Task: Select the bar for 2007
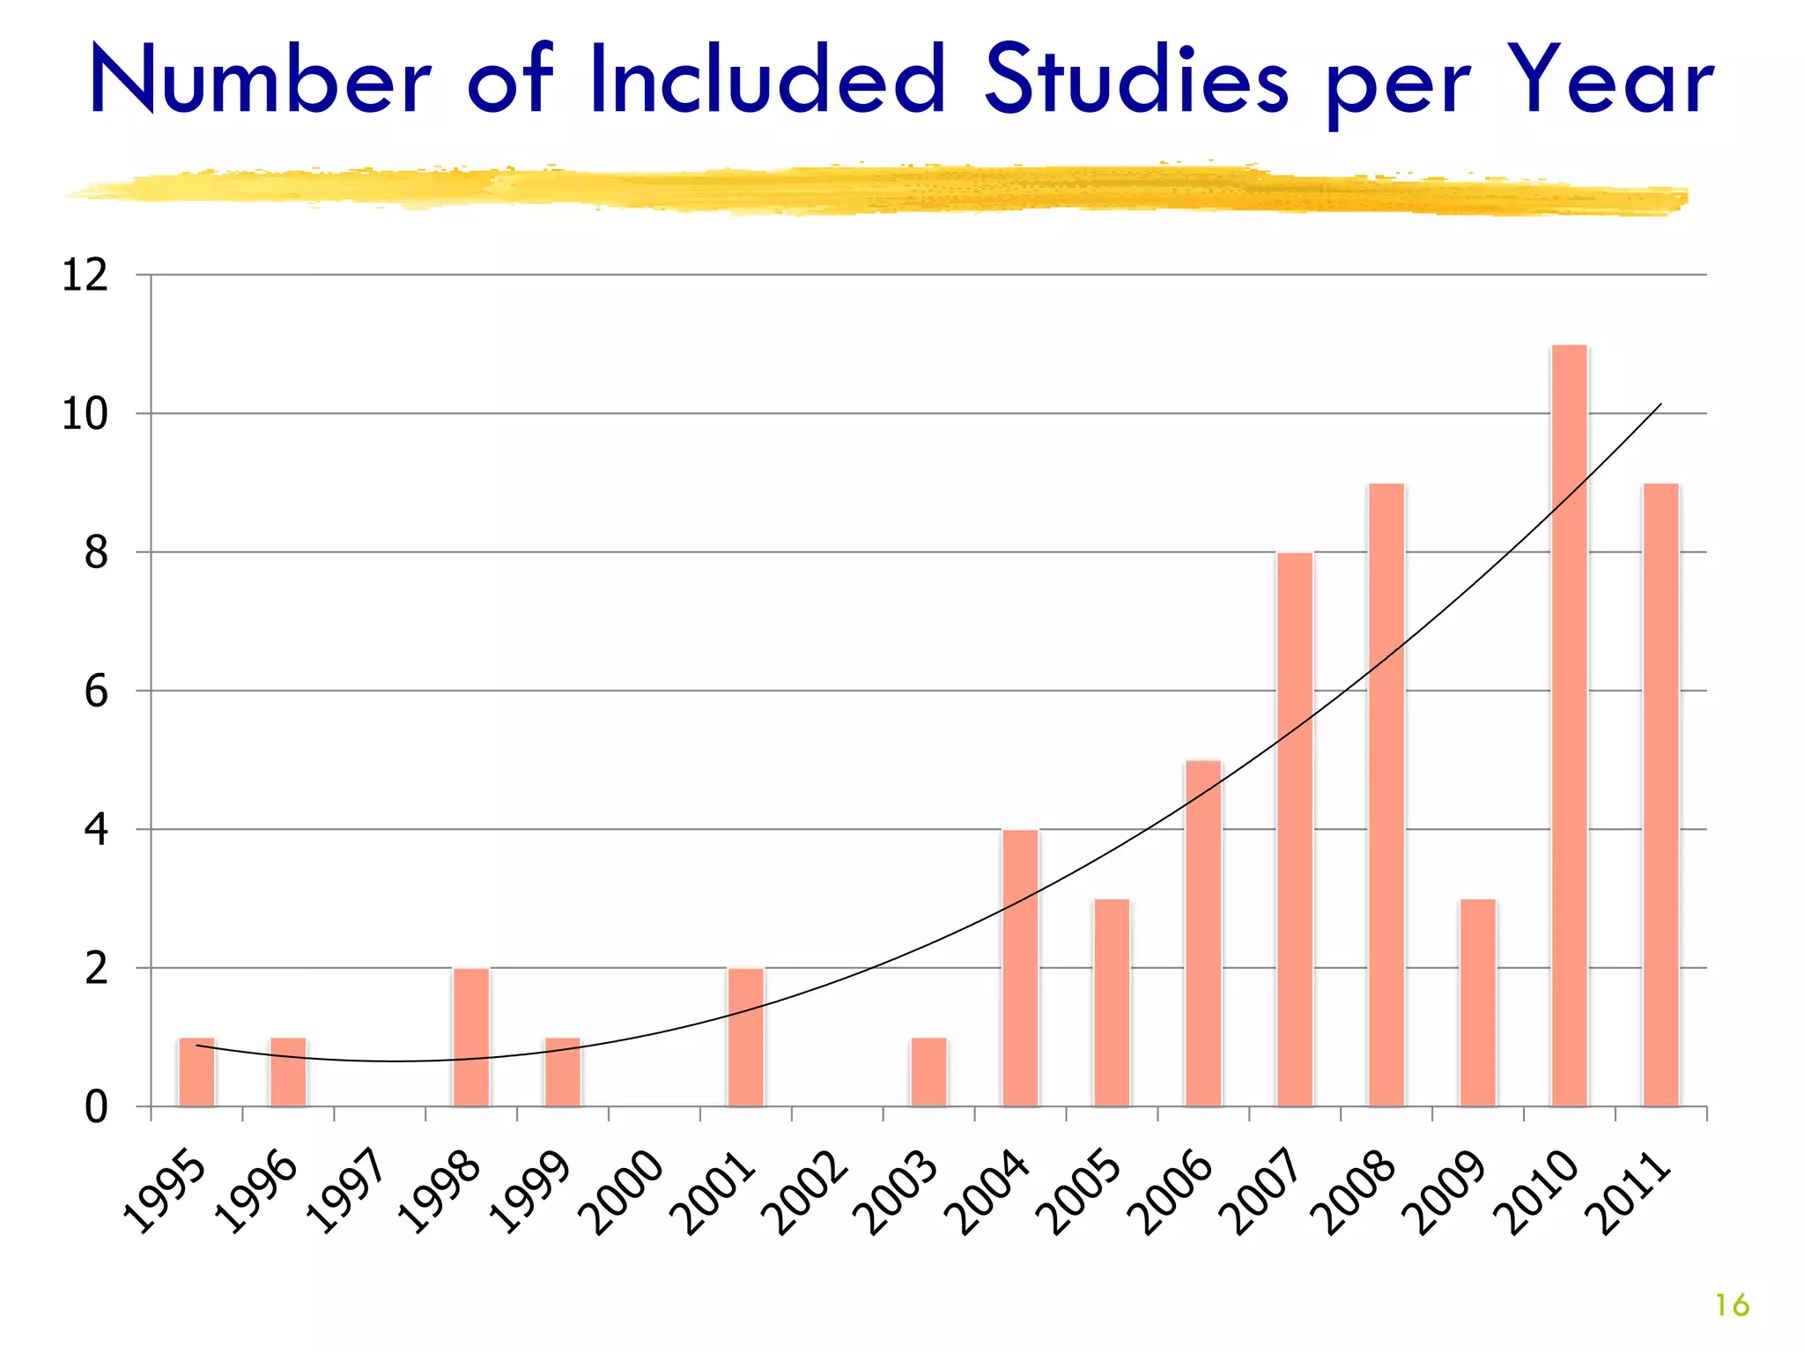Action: click(1295, 829)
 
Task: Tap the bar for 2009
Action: click(1478, 1002)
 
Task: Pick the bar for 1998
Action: click(471, 1037)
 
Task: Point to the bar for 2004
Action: click(1020, 967)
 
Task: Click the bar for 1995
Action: click(196, 1072)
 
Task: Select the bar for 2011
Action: click(1660, 795)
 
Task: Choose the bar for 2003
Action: click(928, 1072)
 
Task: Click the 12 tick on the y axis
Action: click(85, 276)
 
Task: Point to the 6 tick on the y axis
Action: click(96, 691)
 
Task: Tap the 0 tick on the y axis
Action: click(96, 1107)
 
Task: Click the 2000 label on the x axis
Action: click(625, 1193)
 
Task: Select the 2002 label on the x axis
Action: click(808, 1193)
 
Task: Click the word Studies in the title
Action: click(1136, 81)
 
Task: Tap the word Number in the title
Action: click(261, 81)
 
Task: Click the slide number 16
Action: click(1732, 1305)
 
